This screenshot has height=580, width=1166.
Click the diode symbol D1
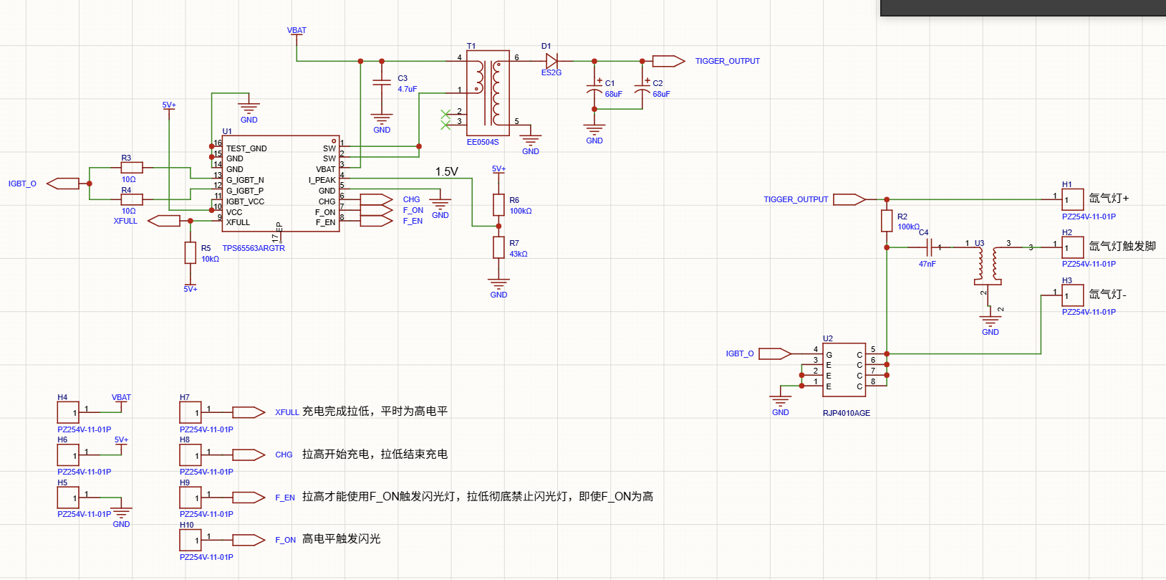coord(551,61)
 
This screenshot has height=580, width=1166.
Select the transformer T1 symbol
coord(488,92)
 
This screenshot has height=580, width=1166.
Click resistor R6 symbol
coord(498,205)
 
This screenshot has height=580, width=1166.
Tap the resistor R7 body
coord(498,247)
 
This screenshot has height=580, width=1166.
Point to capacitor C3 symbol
coord(382,82)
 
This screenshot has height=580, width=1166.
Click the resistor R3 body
coord(132,168)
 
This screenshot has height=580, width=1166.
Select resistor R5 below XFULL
coord(191,253)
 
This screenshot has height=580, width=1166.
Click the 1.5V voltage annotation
coord(447,171)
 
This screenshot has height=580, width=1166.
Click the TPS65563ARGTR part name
coord(254,248)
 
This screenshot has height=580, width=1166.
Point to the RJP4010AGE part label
coord(847,413)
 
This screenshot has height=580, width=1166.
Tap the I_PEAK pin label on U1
coord(322,180)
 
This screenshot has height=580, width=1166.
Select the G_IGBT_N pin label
coord(245,180)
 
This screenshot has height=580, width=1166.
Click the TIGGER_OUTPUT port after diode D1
coord(668,61)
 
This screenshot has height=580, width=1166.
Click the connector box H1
coord(1073,199)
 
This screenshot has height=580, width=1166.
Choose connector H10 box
coord(191,540)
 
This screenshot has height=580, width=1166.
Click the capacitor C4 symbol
coord(929,247)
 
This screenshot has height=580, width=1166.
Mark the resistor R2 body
coord(887,221)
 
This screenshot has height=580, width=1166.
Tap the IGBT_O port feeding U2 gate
coord(774,354)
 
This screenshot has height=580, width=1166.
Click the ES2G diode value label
coord(551,72)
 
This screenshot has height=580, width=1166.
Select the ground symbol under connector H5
coord(121,513)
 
